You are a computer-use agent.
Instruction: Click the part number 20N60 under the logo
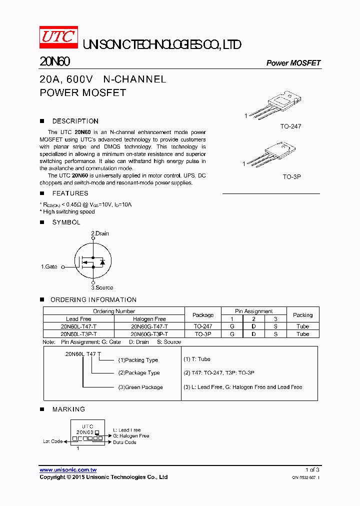[54, 61]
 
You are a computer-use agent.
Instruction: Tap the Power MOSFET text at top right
[293, 63]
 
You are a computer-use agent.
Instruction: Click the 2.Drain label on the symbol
[99, 233]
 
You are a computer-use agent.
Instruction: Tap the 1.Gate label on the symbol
[49, 267]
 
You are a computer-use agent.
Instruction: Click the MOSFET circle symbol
[93, 261]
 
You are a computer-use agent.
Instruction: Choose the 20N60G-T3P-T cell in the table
[149, 333]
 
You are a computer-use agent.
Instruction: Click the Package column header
[203, 315]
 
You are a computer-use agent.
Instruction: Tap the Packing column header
[302, 315]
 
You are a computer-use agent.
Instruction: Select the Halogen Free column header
[149, 319]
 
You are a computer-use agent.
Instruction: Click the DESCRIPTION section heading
[75, 121]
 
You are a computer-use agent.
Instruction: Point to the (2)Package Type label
[139, 373]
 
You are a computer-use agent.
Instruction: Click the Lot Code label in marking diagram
[52, 441]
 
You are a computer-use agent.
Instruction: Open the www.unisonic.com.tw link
[68, 470]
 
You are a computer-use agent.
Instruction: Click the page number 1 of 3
[312, 470]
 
